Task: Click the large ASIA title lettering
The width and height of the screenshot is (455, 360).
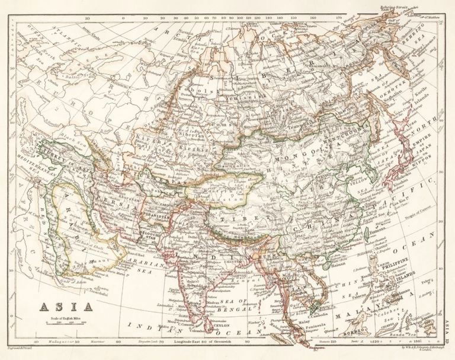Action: (x=66, y=307)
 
